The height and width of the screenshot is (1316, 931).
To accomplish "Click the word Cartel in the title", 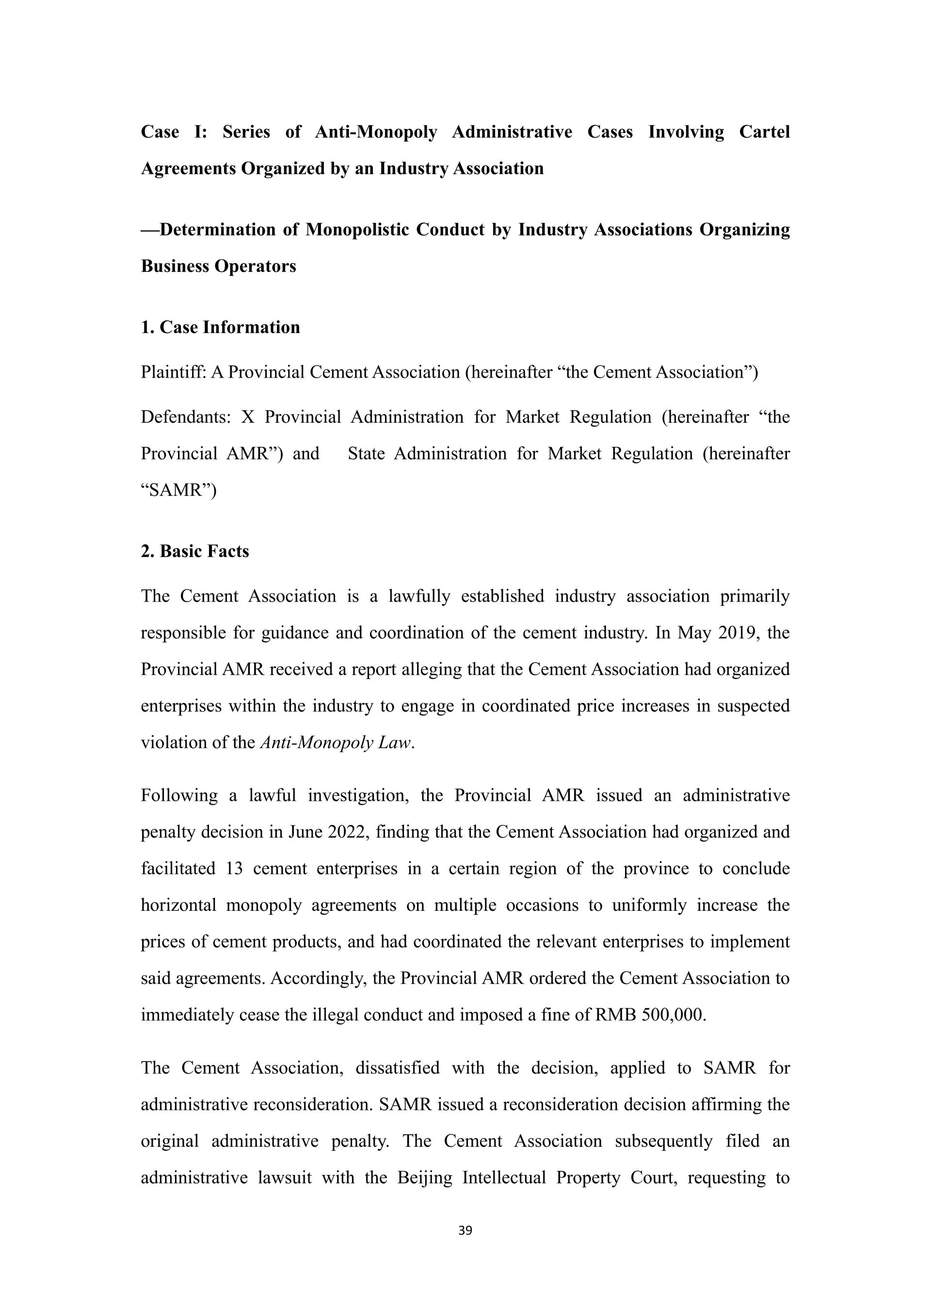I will [x=764, y=132].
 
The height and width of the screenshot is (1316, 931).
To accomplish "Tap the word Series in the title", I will [x=246, y=132].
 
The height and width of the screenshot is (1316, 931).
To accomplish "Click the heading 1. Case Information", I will [x=221, y=327].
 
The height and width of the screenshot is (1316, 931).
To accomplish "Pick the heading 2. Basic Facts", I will [x=195, y=552].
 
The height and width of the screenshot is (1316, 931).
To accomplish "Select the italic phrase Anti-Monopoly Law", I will [x=336, y=743].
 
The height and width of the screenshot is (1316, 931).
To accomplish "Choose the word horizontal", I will [x=178, y=905].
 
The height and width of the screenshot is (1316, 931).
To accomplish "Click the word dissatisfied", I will [x=397, y=1068].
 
